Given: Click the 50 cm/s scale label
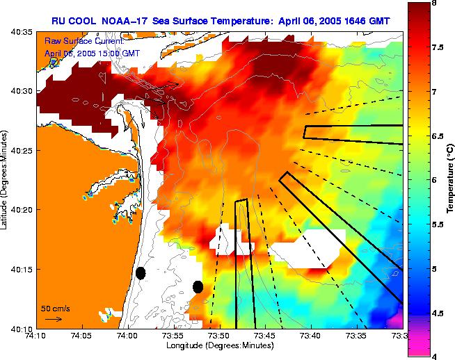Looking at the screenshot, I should click(x=55, y=308).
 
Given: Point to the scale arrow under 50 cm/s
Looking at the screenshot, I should click(x=54, y=319).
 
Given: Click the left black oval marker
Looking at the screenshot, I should click(x=141, y=273).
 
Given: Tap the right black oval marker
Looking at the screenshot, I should click(x=198, y=286).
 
